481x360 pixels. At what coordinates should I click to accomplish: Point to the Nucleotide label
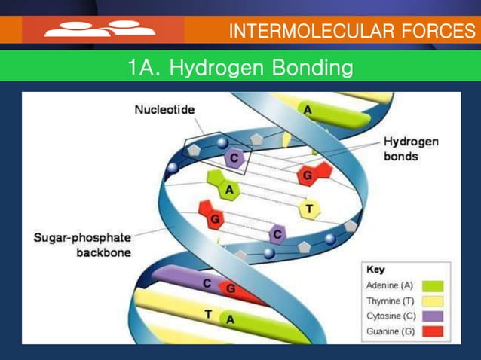164,110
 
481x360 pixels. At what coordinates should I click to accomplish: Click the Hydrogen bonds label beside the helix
411,148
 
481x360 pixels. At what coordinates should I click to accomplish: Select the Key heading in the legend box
375,270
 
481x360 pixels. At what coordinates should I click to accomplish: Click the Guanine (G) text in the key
389,331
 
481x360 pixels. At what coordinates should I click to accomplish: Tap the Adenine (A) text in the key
389,286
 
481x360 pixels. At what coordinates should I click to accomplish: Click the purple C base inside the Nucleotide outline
234,158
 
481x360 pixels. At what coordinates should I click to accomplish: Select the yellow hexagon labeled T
308,208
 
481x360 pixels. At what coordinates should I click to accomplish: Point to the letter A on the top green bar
308,110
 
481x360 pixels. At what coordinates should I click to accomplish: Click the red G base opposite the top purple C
309,174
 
